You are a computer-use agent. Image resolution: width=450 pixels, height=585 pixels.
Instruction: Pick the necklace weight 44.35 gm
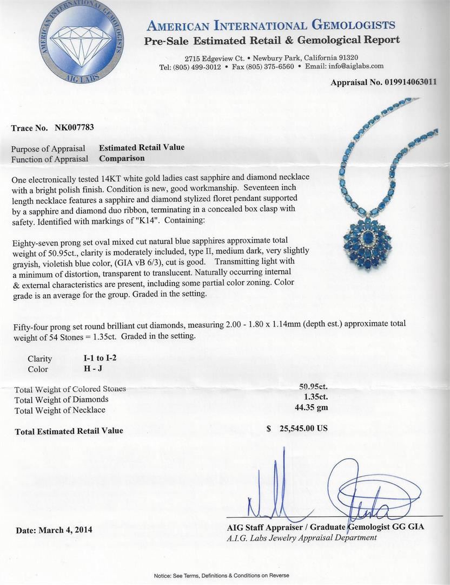tap(314, 408)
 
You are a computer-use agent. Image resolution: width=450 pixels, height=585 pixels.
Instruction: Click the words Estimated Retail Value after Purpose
tap(142, 147)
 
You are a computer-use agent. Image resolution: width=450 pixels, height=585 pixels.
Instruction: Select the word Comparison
tap(122, 158)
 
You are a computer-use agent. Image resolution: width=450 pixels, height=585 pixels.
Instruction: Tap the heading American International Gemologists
tap(271, 25)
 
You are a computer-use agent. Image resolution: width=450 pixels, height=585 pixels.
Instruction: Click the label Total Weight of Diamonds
tap(61, 399)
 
